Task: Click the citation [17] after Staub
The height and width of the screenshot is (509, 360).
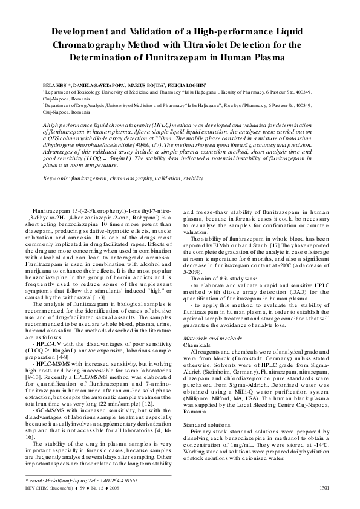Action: click(235, 246)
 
